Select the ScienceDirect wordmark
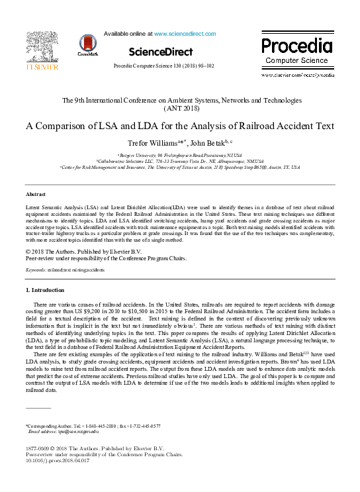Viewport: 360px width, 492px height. coord(161,52)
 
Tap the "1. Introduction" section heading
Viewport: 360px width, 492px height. coord(44,290)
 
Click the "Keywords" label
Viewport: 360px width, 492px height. coord(35,271)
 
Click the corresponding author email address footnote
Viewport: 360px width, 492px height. coord(63,431)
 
